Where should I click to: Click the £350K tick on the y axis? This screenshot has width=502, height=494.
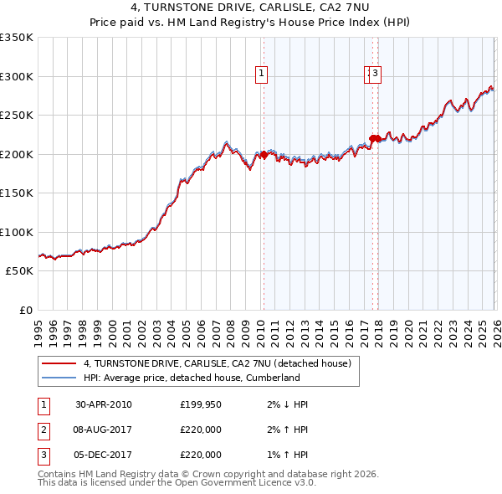coord(17,38)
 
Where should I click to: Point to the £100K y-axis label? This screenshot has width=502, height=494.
coord(17,232)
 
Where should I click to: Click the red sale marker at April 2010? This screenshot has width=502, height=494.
coord(264,155)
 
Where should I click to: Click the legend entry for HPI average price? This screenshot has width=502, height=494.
coord(192,378)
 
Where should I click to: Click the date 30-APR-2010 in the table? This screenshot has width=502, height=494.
coord(103,404)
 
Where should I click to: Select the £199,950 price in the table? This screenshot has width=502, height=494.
coord(201,404)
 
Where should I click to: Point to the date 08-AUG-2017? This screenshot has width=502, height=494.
coord(103,430)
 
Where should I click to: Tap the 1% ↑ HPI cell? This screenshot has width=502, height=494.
coord(289,455)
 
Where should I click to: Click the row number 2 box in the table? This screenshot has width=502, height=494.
coord(43,430)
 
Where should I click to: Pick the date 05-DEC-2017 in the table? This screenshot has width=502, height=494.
coord(103,455)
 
